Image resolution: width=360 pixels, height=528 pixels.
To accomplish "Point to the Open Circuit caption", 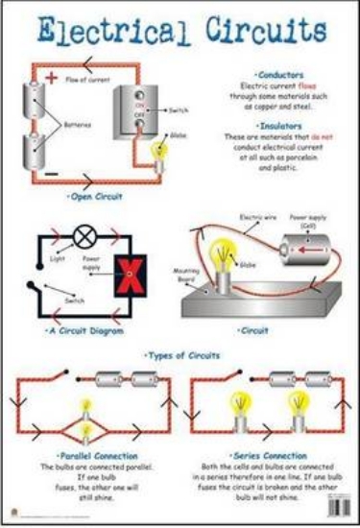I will pyautogui.click(x=95, y=196).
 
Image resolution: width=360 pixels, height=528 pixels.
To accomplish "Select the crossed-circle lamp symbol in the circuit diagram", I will pyautogui.click(x=84, y=233).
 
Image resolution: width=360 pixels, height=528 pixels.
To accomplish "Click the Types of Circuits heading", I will pyautogui.click(x=181, y=355).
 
